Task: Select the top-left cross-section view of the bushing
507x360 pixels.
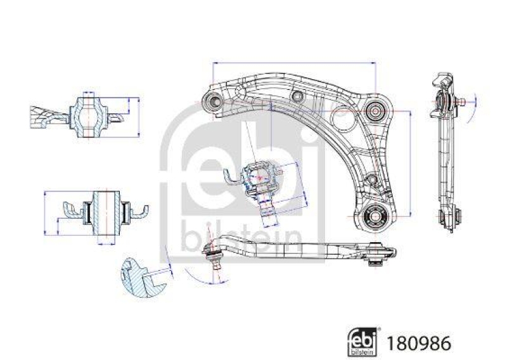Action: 88,115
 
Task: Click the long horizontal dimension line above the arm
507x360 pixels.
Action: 295,63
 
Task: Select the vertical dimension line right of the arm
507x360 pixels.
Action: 411,164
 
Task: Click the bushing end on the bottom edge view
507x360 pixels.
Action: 380,254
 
